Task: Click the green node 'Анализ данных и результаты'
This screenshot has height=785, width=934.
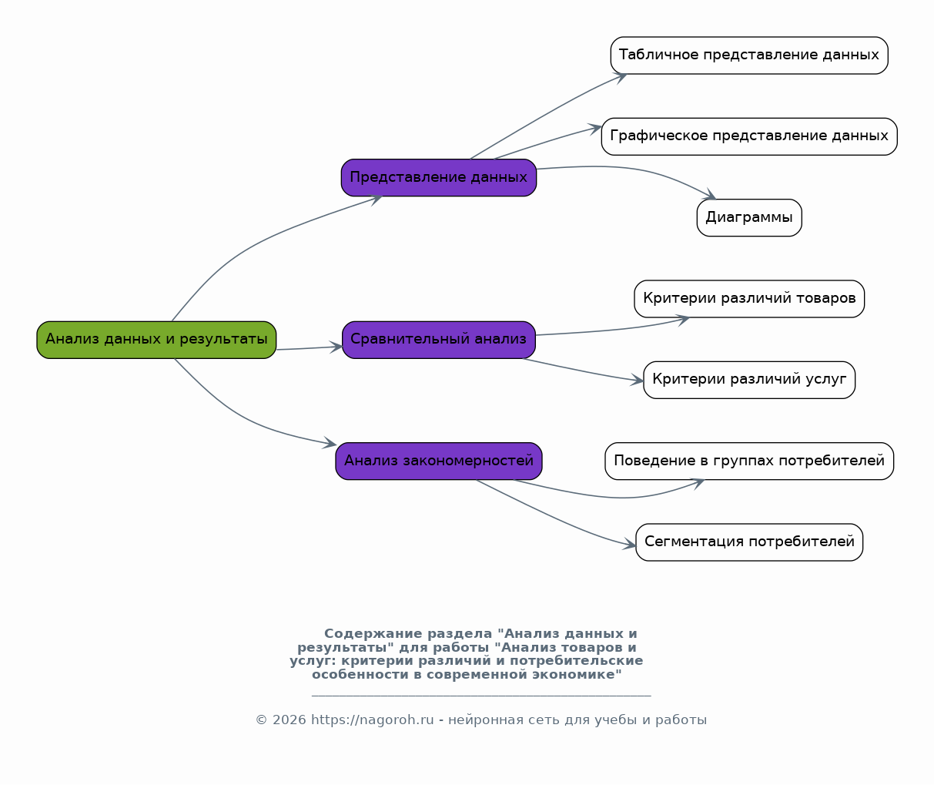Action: pyautogui.click(x=156, y=340)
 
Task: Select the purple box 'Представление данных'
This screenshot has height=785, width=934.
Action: pyautogui.click(x=438, y=178)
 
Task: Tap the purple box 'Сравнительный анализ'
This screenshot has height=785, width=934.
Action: pyautogui.click(x=438, y=340)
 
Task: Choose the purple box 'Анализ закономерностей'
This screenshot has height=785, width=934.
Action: pyautogui.click(x=438, y=461)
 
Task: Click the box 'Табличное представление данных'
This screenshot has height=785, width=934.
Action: pyautogui.click(x=748, y=55)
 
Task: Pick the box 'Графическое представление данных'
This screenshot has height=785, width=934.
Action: pyautogui.click(x=748, y=136)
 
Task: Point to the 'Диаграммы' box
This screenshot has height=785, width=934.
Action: pyautogui.click(x=748, y=217)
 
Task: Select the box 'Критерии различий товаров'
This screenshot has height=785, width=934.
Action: pyautogui.click(x=748, y=299)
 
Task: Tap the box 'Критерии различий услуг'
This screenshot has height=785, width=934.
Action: pyautogui.click(x=748, y=380)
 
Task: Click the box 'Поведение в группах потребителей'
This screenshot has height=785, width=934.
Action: pyautogui.click(x=748, y=461)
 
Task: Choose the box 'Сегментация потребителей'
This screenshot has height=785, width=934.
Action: pyautogui.click(x=748, y=542)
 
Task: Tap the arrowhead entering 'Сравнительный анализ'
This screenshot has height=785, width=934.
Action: pyautogui.click(x=336, y=347)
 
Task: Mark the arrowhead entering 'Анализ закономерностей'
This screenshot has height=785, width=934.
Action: pyautogui.click(x=330, y=443)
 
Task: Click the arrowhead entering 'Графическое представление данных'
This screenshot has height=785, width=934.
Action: pyautogui.click(x=595, y=129)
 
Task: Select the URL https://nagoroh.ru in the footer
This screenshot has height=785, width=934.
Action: pyautogui.click(x=372, y=720)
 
